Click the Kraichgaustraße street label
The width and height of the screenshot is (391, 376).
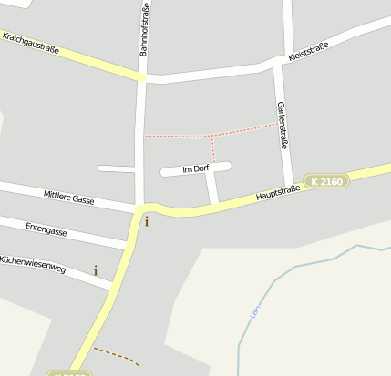30,43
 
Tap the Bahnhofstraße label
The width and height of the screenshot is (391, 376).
144,30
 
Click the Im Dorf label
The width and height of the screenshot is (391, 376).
196,169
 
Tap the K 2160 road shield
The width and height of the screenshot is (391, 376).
326,182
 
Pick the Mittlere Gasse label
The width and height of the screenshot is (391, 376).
69,198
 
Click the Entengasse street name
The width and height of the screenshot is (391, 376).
46,228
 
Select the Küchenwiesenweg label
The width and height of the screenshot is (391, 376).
33,265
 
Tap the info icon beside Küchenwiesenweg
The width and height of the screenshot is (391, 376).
96,270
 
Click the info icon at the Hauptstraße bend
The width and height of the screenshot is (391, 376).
147,221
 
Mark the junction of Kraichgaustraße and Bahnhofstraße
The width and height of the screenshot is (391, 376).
142,78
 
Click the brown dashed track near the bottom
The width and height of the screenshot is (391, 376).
117,354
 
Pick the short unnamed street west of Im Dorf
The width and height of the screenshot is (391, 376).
117,168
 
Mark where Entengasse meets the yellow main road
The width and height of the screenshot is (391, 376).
129,244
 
